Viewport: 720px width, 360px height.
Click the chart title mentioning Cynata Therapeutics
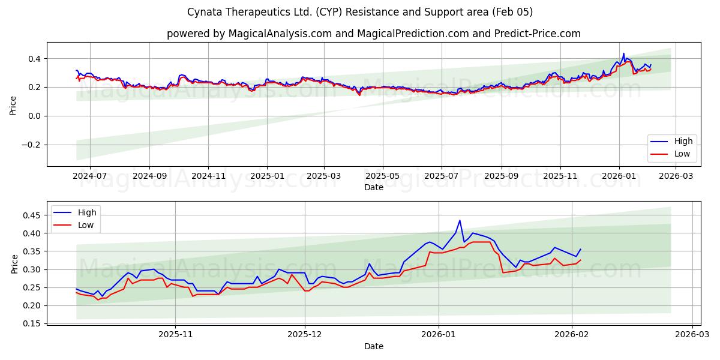(x=359, y=12)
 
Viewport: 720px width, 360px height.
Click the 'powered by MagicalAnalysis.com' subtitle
(x=373, y=34)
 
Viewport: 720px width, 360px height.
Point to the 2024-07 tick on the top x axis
(x=89, y=176)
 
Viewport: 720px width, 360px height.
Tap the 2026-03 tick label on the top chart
(x=676, y=176)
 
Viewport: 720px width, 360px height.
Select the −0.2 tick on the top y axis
(x=30, y=145)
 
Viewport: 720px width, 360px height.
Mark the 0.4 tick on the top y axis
(x=34, y=59)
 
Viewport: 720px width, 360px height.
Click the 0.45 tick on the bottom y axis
(x=31, y=215)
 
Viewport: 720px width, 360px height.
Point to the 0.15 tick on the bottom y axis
(x=31, y=324)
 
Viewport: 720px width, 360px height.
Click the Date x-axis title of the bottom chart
(x=373, y=347)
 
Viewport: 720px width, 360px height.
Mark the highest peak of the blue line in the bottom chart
(x=460, y=220)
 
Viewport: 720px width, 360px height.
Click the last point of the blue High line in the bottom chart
(x=580, y=249)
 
